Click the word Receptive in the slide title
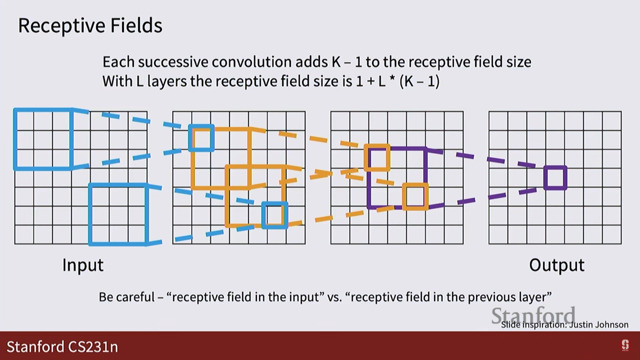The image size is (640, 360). (61, 26)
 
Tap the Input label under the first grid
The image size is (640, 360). (83, 265)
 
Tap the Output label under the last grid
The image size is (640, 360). (557, 265)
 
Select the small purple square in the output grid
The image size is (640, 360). (555, 178)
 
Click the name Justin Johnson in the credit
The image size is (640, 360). (599, 325)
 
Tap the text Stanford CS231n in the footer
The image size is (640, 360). (62, 347)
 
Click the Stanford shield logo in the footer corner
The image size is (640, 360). (625, 345)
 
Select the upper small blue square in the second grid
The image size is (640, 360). (201, 138)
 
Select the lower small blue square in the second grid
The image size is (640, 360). (275, 215)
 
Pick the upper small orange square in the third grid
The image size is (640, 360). (377, 158)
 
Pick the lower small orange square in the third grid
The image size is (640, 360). (415, 197)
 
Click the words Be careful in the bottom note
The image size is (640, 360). (127, 297)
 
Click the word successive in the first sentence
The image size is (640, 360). (173, 62)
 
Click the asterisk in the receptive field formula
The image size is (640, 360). (392, 80)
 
